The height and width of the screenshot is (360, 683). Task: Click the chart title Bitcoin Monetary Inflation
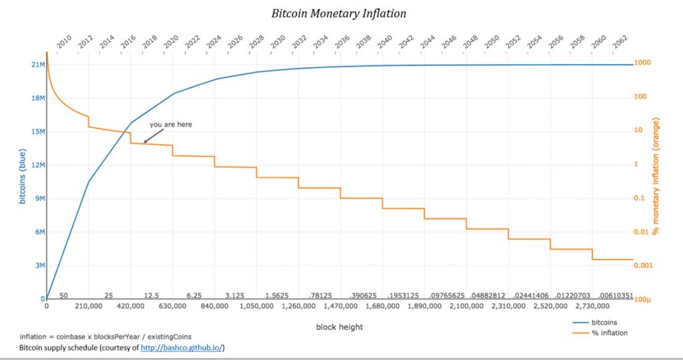pos(338,13)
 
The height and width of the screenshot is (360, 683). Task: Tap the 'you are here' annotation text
pos(171,124)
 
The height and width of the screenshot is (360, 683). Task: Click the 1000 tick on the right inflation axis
pos(642,63)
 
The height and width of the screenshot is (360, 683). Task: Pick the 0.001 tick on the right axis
pos(644,265)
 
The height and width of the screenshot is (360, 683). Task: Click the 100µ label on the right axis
pos(643,299)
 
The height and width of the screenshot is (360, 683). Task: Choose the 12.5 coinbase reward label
pos(151,295)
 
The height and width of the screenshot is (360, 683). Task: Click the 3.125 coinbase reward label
pos(235,295)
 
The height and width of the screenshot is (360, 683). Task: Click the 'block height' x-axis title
pos(339,327)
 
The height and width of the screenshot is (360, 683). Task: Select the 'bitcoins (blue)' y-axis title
pos(22,181)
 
